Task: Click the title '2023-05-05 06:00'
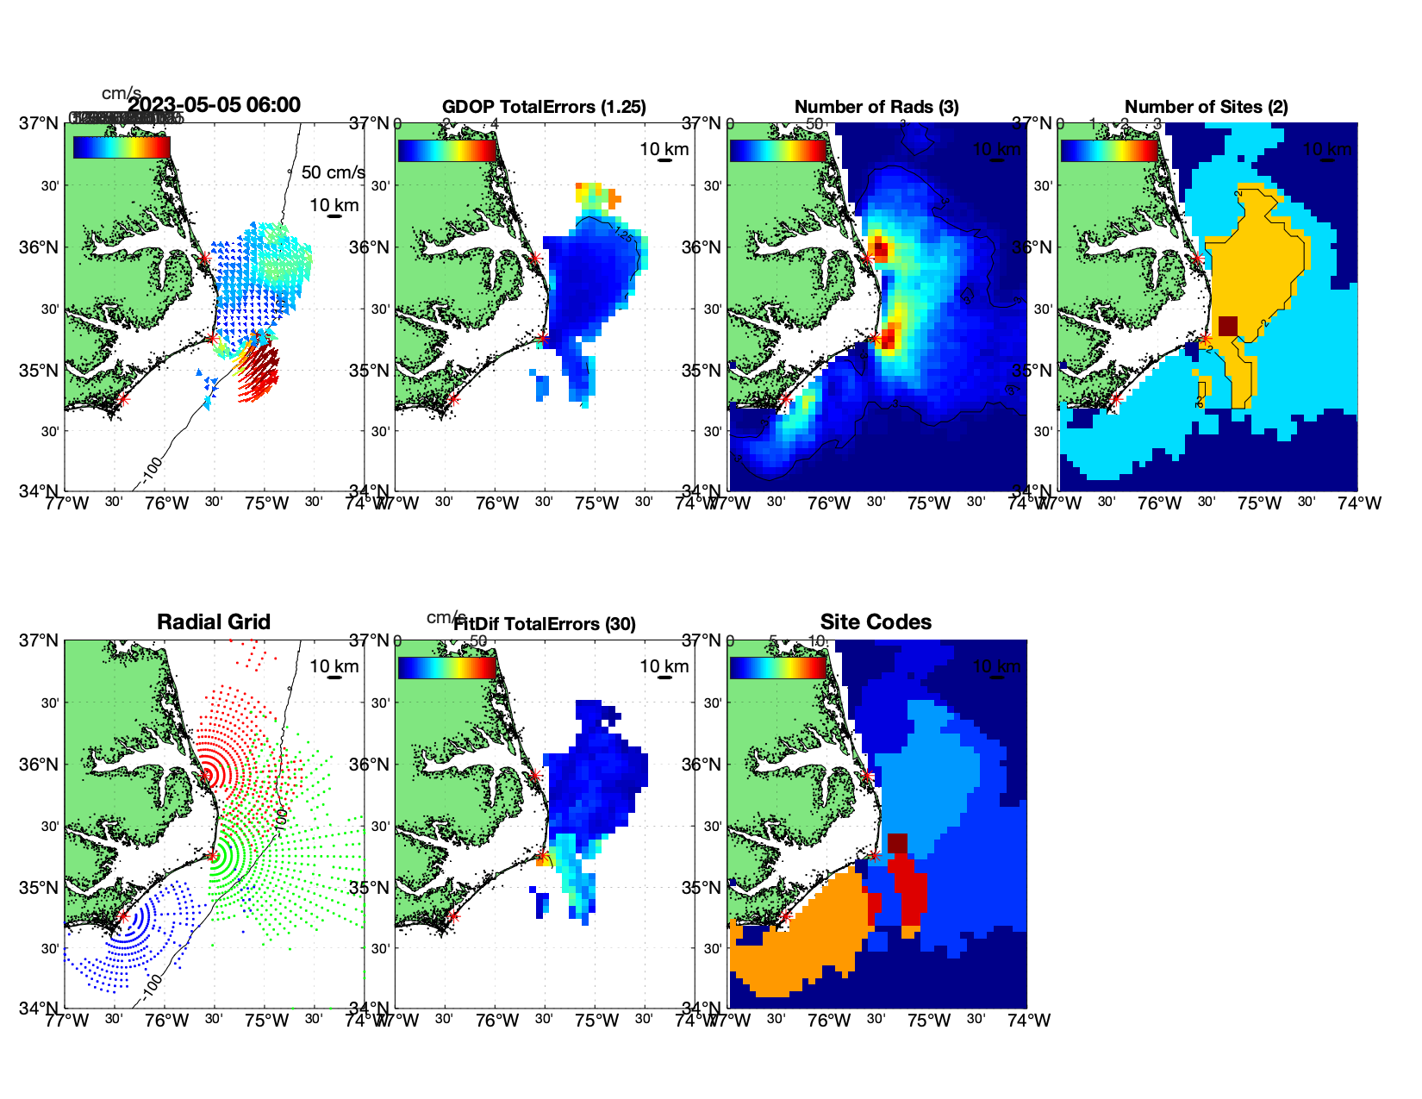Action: [214, 105]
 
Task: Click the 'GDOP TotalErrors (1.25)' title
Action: [544, 107]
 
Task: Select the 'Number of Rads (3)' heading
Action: [876, 107]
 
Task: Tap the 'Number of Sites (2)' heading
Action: [1206, 107]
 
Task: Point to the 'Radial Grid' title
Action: [214, 622]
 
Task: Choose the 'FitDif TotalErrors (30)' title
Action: [545, 624]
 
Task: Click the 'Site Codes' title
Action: [876, 622]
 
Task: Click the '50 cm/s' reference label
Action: [333, 172]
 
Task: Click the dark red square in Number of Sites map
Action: [1228, 326]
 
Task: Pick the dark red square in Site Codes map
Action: [897, 843]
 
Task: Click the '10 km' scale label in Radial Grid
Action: [334, 666]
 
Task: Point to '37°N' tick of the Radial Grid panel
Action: [40, 640]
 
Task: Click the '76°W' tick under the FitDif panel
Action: [497, 1021]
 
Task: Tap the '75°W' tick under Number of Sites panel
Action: [1259, 503]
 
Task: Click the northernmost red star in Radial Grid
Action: [205, 775]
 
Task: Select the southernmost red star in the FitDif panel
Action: [453, 916]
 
